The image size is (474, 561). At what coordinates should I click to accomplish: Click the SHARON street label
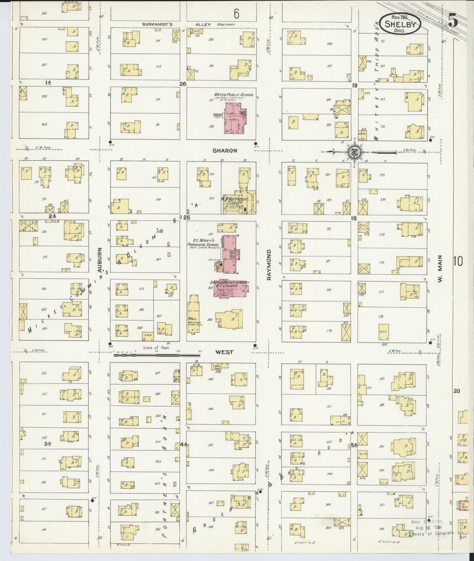pyautogui.click(x=224, y=151)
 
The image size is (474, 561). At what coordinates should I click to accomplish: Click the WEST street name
pyautogui.click(x=224, y=352)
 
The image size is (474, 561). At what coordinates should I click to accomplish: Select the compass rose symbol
pyautogui.click(x=355, y=152)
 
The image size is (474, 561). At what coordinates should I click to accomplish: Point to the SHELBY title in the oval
pyautogui.click(x=401, y=24)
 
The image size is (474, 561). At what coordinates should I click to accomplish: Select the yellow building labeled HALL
pyautogui.click(x=193, y=313)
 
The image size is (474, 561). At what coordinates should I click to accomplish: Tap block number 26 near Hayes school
pyautogui.click(x=182, y=84)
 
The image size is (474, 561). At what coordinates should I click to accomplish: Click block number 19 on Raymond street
pyautogui.click(x=354, y=85)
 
